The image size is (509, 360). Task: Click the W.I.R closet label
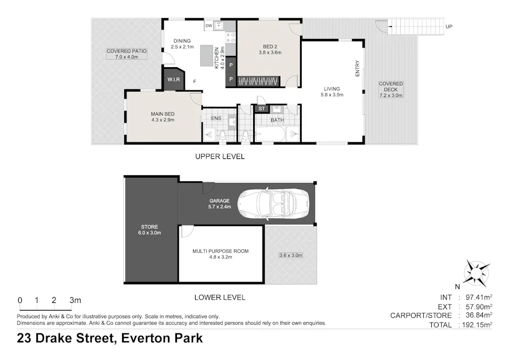pyautogui.click(x=173, y=80)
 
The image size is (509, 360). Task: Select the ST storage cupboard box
pyautogui.click(x=261, y=109)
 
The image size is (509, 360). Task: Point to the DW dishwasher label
pyautogui.click(x=208, y=26)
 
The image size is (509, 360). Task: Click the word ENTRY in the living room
pyautogui.click(x=358, y=68)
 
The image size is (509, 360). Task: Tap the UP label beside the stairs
pyautogui.click(x=449, y=26)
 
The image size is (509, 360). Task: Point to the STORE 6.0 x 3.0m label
pyautogui.click(x=150, y=230)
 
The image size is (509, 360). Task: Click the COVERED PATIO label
pyautogui.click(x=126, y=54)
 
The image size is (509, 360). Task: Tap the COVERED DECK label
pyautogui.click(x=391, y=90)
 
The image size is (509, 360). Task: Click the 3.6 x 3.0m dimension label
pyautogui.click(x=290, y=255)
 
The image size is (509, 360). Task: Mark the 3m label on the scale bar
pyautogui.click(x=75, y=300)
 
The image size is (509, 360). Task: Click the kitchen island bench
pyautogui.click(x=206, y=55)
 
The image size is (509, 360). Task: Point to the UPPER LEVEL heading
pyautogui.click(x=220, y=156)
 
